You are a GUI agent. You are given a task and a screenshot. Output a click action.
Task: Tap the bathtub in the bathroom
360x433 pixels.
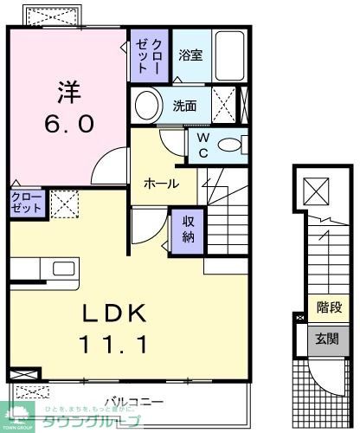pyautogui.click(x=228, y=55)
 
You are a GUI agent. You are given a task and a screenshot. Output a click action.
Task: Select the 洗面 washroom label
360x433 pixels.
pyautogui.click(x=184, y=107)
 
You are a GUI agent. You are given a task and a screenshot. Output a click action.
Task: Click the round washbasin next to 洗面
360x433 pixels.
pyautogui.click(x=148, y=107)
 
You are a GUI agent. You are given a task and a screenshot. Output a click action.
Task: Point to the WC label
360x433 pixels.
pyautogui.click(x=202, y=145)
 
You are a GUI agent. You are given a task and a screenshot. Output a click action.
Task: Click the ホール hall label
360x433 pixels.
pyautogui.click(x=161, y=184)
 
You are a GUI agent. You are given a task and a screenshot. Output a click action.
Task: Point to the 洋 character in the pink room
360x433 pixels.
pyautogui.click(x=69, y=90)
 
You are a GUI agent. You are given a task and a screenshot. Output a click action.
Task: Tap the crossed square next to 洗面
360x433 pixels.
pyautogui.click(x=223, y=107)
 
